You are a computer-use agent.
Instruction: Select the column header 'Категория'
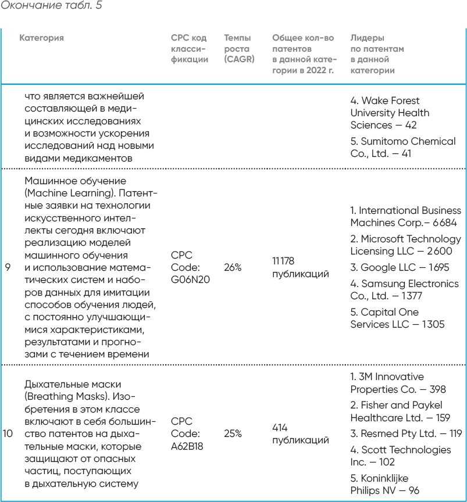point(41,38)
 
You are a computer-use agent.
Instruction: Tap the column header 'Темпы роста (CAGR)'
point(239,49)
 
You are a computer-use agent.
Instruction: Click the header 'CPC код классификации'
point(190,49)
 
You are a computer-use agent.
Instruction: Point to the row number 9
point(8,268)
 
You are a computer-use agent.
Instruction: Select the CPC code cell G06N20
point(190,268)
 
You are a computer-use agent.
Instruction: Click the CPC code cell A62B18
point(190,433)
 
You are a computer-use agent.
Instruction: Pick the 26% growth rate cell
point(233,268)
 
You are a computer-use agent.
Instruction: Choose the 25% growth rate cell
point(233,433)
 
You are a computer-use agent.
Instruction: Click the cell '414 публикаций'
point(300,433)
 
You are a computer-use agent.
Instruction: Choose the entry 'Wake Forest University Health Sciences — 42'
point(389,113)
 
